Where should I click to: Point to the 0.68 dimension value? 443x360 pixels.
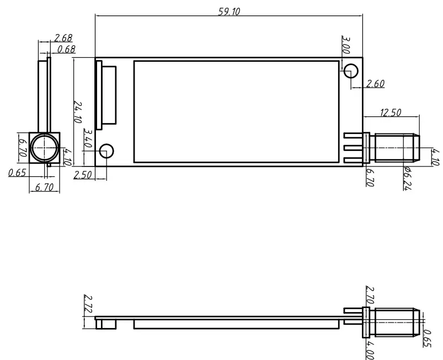66,49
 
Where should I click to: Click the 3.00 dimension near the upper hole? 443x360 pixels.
346,44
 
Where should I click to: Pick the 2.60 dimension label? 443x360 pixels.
375,84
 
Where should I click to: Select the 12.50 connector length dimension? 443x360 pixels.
391,113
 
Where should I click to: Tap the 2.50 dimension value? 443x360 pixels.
82,175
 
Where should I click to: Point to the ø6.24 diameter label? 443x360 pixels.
408,178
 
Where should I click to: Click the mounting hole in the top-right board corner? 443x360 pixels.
351,70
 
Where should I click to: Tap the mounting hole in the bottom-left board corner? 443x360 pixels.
107,151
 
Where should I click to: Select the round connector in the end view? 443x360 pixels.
44,148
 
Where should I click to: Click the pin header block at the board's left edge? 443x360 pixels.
106,95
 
